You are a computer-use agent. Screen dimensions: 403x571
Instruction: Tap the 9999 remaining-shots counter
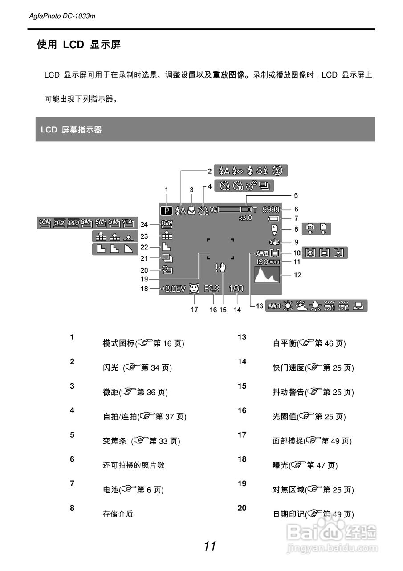pos(271,209)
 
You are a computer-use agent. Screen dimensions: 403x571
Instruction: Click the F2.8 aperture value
pos(212,289)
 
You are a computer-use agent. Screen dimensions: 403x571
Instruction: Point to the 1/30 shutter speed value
pos(236,289)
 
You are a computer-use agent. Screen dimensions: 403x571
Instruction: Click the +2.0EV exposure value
pos(173,289)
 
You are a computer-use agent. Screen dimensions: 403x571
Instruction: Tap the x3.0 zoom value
pos(245,218)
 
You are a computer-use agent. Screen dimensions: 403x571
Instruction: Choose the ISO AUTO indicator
pos(268,262)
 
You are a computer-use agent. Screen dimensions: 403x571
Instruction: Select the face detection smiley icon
pos(194,289)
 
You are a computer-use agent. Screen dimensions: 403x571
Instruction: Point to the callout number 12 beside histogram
pos(297,275)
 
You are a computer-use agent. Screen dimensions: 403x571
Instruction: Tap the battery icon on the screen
pos(273,219)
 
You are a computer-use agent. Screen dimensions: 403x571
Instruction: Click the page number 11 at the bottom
pos(210,546)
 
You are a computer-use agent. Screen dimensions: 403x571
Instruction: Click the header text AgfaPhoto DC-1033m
pos(62,16)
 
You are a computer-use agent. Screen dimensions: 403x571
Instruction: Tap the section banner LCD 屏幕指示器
pos(71,130)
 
